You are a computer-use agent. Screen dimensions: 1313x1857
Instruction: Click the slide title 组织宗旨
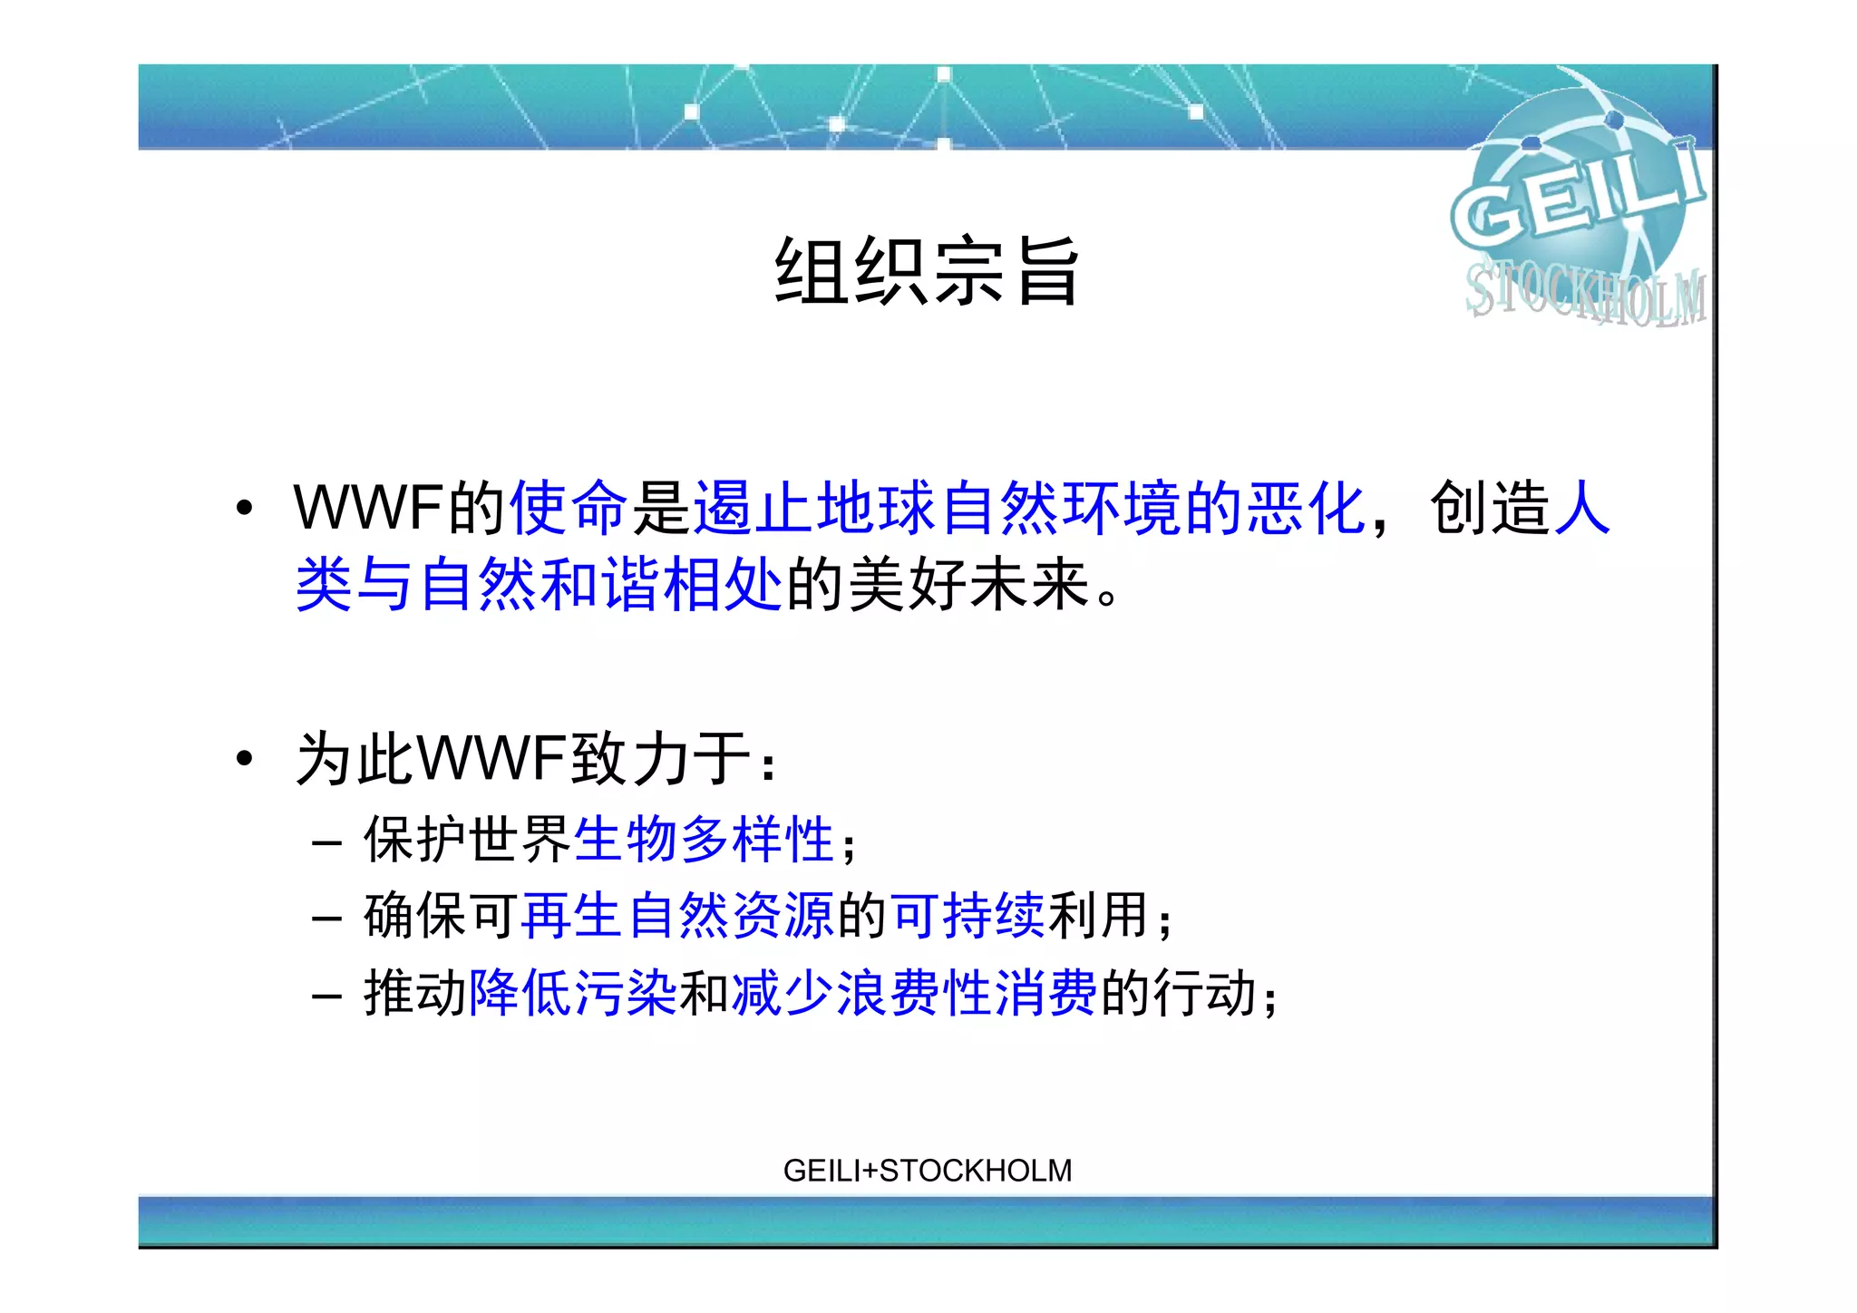pos(927,270)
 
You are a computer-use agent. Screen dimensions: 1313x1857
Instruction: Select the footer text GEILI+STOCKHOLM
pos(927,1171)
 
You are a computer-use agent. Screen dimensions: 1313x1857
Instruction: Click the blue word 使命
pos(569,508)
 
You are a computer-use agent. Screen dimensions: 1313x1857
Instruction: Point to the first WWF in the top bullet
pos(367,508)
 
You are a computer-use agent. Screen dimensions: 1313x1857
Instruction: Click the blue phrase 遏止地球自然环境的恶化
pos(1028,508)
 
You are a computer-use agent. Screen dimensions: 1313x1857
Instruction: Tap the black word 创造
pos(1489,508)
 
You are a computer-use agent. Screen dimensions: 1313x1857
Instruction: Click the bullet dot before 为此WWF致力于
pos(244,758)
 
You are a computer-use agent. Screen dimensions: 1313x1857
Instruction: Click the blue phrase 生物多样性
pos(704,840)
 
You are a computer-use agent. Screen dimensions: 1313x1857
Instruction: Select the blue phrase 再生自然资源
pos(677,916)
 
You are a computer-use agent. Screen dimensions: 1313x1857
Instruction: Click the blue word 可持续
pos(967,916)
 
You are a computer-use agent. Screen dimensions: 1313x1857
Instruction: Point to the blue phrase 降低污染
pos(572,993)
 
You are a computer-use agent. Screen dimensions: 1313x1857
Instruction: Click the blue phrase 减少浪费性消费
pos(914,993)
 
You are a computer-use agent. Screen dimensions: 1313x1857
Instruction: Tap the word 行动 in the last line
pos(1203,993)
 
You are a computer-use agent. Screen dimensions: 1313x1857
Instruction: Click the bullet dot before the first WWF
pos(244,509)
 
